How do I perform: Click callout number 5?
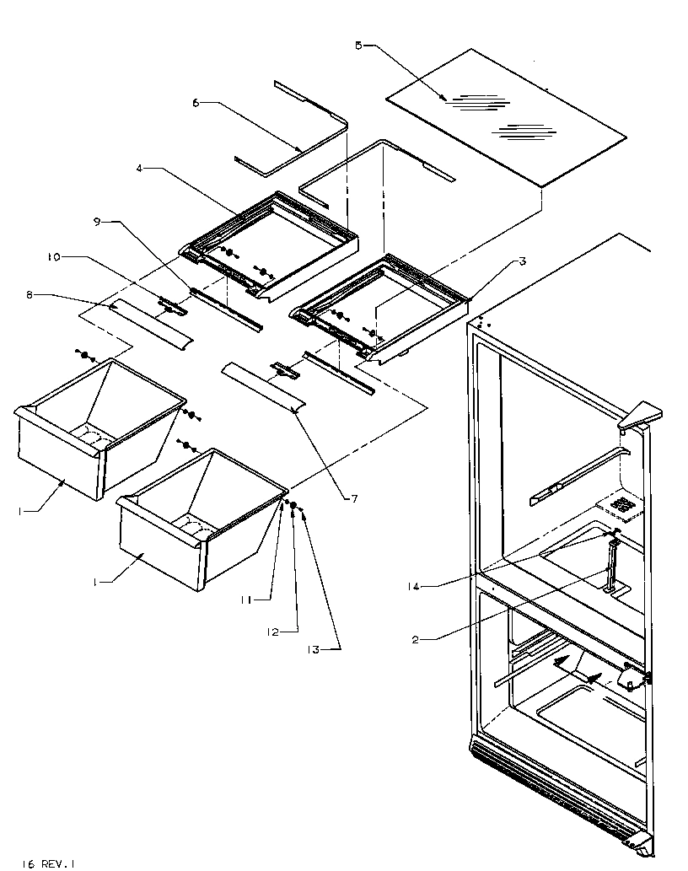click(357, 46)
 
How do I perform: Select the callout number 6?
click(196, 103)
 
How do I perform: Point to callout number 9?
click(97, 222)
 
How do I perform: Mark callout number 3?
click(523, 262)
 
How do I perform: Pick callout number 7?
click(354, 498)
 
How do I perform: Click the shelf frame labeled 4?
click(270, 245)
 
